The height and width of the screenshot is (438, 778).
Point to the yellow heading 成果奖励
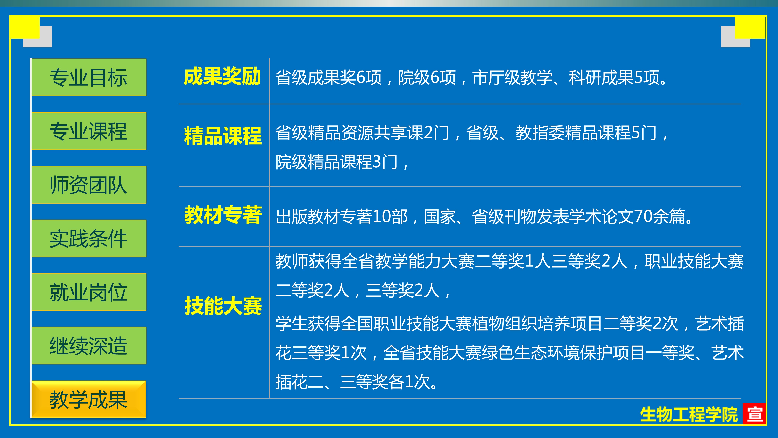(x=222, y=77)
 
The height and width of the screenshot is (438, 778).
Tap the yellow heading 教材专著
(x=223, y=215)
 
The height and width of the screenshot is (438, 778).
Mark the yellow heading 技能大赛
(x=223, y=306)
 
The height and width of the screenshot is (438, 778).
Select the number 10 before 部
(x=382, y=217)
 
